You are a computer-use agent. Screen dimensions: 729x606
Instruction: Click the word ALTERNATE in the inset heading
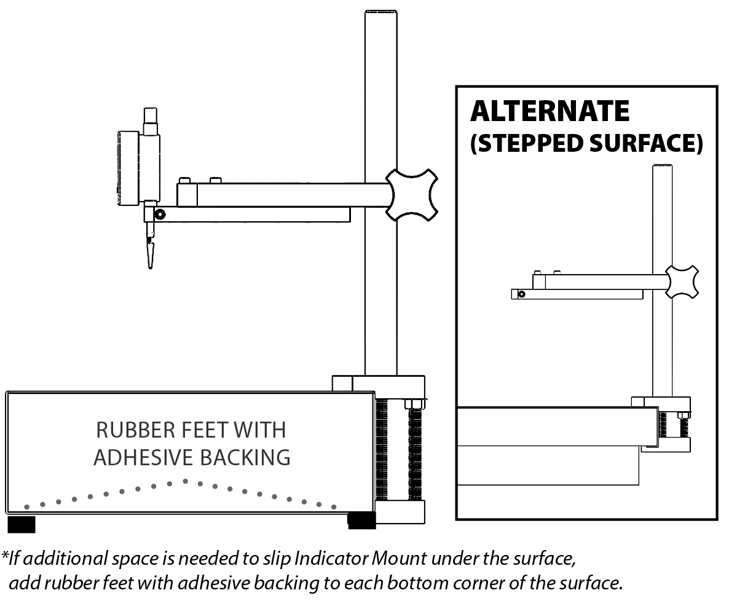(550, 111)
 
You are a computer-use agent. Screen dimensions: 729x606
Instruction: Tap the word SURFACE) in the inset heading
(646, 143)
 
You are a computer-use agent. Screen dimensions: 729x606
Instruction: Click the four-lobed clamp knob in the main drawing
(412, 195)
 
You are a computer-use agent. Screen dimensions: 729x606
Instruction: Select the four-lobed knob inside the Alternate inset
(682, 281)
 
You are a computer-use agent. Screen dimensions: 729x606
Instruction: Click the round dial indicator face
(128, 169)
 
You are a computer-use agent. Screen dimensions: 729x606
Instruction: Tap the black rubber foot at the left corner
(22, 524)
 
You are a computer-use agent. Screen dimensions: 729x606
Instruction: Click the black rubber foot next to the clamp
(361, 521)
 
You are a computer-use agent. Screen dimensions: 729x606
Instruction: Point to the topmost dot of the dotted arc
(185, 481)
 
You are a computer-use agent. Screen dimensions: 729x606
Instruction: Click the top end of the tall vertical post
(380, 10)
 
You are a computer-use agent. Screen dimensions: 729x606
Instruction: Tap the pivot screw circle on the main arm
(160, 214)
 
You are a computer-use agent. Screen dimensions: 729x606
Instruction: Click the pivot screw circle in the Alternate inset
(522, 294)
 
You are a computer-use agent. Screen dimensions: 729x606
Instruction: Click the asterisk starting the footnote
(5, 554)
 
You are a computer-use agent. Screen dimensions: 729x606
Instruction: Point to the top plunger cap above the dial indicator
(151, 115)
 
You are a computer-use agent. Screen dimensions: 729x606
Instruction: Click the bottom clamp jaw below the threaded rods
(400, 512)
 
